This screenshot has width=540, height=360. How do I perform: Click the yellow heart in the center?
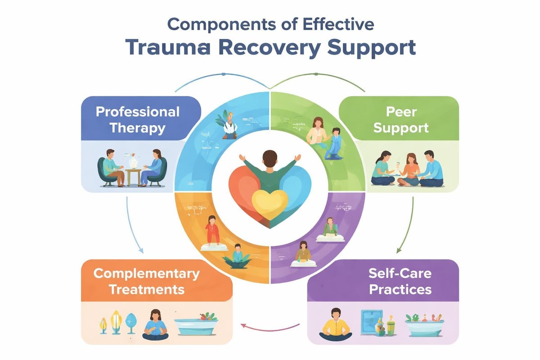tap(269, 202)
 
